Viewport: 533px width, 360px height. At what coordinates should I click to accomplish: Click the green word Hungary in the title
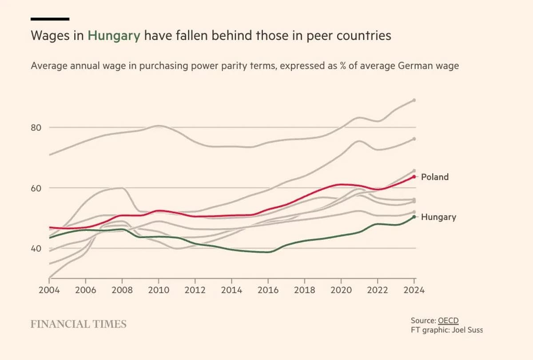click(114, 36)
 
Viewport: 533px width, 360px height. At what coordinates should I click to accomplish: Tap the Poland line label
click(434, 177)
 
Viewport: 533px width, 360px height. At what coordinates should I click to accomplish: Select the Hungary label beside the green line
click(438, 217)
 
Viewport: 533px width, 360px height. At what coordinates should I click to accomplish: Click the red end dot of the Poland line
click(414, 177)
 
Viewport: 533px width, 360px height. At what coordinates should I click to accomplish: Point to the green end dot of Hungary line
click(414, 217)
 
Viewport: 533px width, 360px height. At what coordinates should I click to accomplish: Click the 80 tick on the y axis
click(36, 127)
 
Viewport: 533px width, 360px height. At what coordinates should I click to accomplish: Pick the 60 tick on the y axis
click(36, 188)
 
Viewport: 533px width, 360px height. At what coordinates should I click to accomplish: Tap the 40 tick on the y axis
click(36, 248)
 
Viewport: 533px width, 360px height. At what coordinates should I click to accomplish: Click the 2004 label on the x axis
click(49, 290)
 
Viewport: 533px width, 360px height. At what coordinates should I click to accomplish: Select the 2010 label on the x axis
click(159, 290)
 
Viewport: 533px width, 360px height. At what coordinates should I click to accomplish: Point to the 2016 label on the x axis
click(268, 290)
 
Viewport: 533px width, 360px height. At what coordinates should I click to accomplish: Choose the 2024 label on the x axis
click(414, 290)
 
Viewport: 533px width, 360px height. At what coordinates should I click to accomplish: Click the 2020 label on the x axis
click(341, 290)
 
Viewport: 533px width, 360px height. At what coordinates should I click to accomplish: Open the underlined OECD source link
click(448, 320)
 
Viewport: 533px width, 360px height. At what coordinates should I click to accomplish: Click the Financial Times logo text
click(79, 324)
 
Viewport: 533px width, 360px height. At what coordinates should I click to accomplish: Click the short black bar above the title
click(50, 19)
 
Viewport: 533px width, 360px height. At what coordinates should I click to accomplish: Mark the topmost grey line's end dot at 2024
click(414, 100)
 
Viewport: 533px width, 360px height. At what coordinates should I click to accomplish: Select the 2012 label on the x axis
click(195, 290)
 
